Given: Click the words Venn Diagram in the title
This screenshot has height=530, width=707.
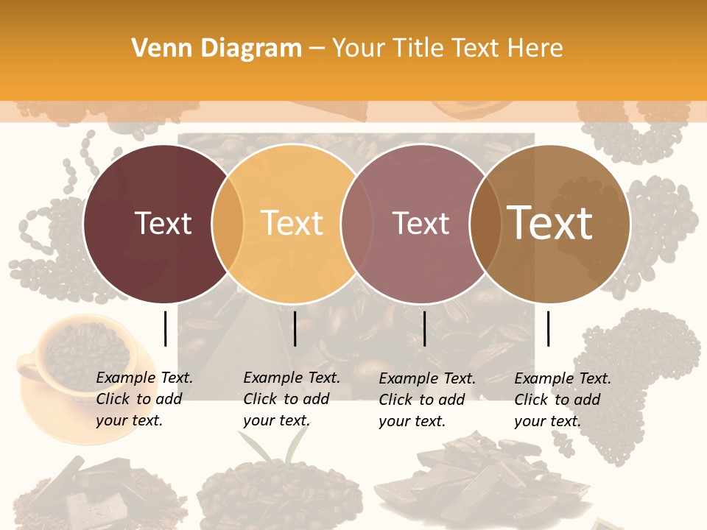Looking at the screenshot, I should pos(216,49).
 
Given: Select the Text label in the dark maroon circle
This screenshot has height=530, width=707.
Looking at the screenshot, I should pos(163,223).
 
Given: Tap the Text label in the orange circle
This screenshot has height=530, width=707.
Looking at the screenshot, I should pos(292,223).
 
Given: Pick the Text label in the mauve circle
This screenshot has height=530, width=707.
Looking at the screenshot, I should pos(421,223).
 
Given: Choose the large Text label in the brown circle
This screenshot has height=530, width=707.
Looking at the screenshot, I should pos(550,223).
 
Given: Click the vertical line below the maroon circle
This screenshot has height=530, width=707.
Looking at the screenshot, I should pos(165,328).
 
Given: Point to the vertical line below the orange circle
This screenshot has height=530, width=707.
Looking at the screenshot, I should pos(295,328).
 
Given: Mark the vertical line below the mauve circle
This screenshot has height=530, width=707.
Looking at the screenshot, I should pos(425,328).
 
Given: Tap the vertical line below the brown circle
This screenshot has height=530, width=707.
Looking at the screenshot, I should pos(549,328).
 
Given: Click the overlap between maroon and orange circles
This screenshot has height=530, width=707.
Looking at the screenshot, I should pos(228,223).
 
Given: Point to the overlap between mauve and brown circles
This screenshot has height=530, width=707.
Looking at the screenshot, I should pos(484,223).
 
